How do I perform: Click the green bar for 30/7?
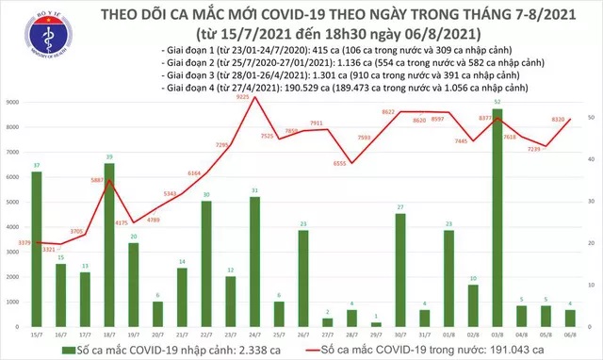click(399, 270)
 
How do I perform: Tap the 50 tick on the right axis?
click(591, 116)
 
